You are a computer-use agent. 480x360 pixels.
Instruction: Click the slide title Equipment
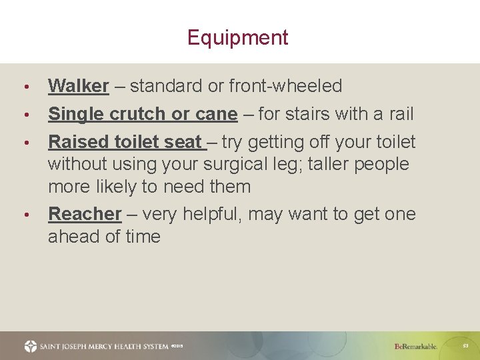click(x=237, y=37)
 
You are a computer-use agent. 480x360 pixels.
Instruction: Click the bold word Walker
click(x=78, y=86)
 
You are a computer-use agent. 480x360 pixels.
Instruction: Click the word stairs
click(x=311, y=114)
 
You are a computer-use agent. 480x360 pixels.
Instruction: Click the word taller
click(x=322, y=164)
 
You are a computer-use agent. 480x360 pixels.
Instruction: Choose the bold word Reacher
click(x=85, y=214)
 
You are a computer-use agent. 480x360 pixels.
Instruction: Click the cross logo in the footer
click(x=31, y=346)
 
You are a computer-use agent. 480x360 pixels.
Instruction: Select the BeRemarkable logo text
click(x=415, y=347)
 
